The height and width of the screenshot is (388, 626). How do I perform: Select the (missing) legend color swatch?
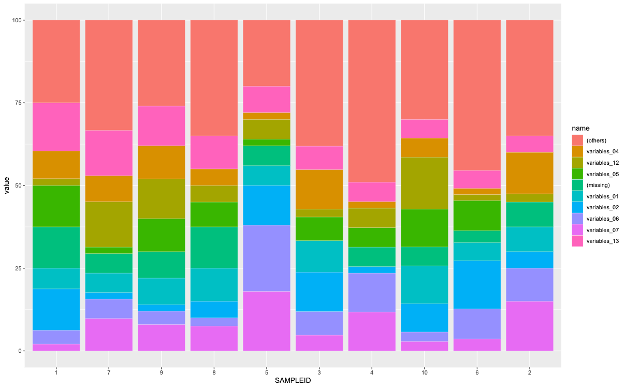(x=577, y=185)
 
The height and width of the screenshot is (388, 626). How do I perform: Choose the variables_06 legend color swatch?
(x=577, y=219)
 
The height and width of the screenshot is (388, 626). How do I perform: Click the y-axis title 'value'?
(x=7, y=185)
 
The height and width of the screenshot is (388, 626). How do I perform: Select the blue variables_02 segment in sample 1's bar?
(x=56, y=309)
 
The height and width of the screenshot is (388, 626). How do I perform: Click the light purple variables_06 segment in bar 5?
(x=267, y=258)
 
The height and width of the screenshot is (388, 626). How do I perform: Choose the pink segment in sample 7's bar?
(x=109, y=153)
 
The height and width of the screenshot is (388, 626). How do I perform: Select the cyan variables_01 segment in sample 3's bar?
(x=319, y=256)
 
